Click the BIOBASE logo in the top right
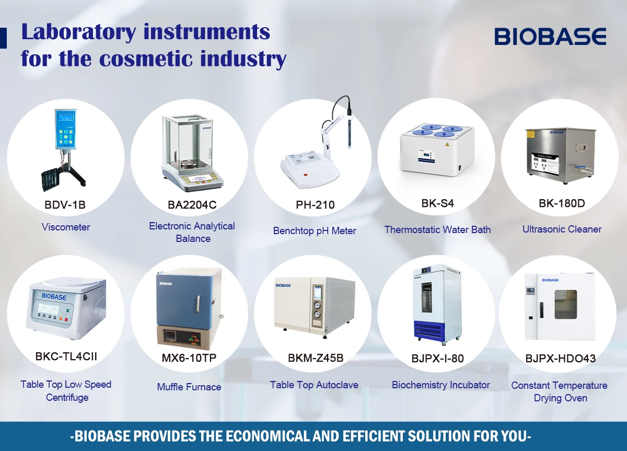tap(550, 37)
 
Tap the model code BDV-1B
tap(65, 205)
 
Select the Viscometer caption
tap(66, 227)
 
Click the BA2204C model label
tap(192, 205)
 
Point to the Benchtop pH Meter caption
tap(315, 230)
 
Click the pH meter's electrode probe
tap(346, 125)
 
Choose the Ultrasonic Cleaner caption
tap(562, 229)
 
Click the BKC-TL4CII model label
tap(66, 357)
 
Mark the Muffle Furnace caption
tap(189, 387)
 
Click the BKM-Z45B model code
tap(316, 358)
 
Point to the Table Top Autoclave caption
tap(314, 385)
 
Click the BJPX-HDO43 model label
tap(561, 359)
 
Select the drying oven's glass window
tap(565, 304)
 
